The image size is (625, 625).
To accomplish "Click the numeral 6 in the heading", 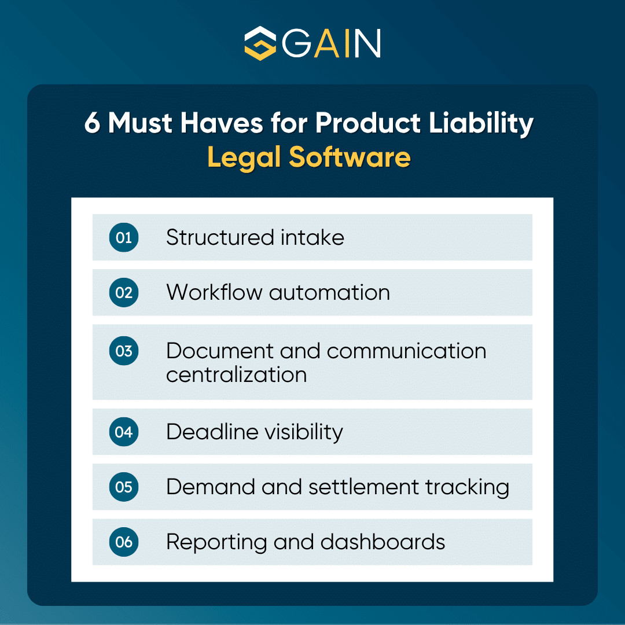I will pos(92,124).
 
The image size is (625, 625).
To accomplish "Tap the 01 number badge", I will pos(124,237).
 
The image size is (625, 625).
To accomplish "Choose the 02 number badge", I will pos(124,292).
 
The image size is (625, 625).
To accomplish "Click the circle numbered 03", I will pos(124,351).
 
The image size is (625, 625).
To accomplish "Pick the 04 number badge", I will pos(124,432).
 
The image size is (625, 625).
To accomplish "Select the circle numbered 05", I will pos(124,487).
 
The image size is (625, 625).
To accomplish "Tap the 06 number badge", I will pos(124,542).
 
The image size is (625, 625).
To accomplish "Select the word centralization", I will pos(236,374).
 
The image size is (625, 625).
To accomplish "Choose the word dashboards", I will pos(383,542).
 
